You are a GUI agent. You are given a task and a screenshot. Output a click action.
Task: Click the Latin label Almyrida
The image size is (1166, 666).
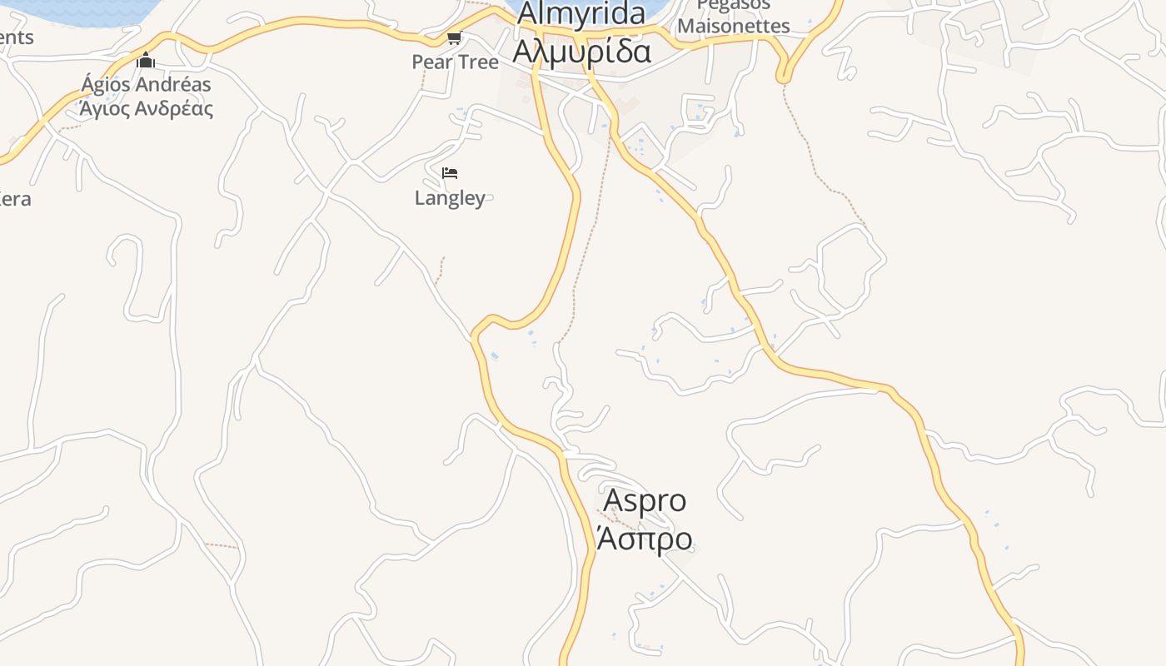[x=581, y=13]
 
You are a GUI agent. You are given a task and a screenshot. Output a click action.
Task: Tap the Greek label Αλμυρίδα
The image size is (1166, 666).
[x=581, y=51]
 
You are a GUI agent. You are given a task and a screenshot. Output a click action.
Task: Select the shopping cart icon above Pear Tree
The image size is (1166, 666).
[x=454, y=38]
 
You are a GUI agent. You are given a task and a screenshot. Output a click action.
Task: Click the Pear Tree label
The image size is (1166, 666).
[x=455, y=62]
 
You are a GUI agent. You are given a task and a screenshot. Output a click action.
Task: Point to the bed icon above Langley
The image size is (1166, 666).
[x=450, y=173]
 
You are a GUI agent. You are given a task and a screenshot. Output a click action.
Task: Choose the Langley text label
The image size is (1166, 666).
[x=450, y=198]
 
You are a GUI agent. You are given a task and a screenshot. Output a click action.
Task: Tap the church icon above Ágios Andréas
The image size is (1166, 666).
[x=146, y=60]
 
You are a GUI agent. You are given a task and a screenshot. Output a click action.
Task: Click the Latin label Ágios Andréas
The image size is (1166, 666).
[x=146, y=84]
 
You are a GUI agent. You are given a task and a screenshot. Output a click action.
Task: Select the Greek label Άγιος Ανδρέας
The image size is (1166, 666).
[x=146, y=108]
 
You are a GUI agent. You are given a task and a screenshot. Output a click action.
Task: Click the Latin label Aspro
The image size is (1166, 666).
[x=645, y=500]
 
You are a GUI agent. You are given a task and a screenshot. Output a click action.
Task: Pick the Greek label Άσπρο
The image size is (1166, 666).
[x=645, y=539]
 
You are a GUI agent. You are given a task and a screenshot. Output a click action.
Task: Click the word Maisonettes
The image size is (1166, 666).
[x=733, y=26]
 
